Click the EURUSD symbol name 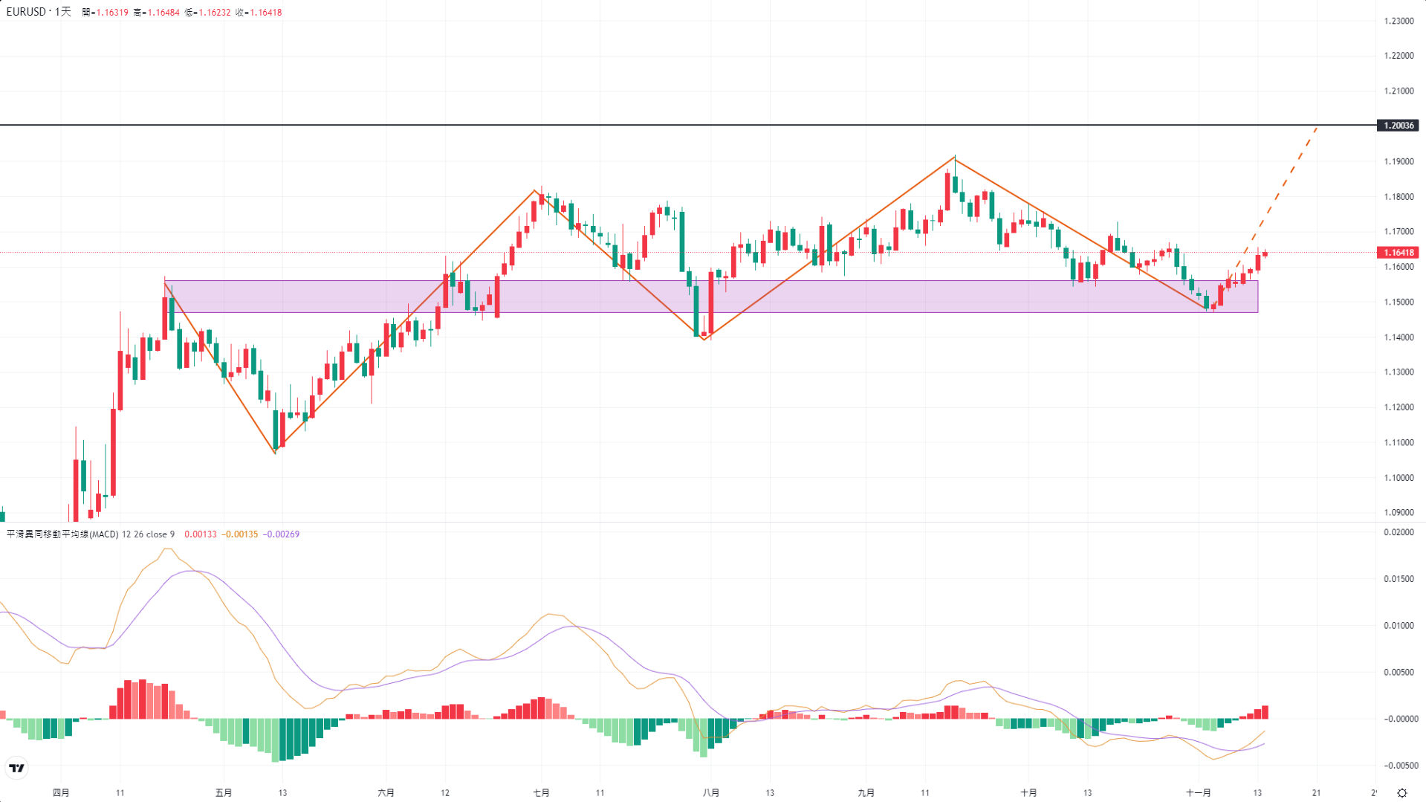click(x=26, y=12)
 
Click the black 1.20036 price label click(x=1398, y=126)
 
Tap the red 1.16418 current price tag click(x=1398, y=253)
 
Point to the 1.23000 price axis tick click(x=1399, y=21)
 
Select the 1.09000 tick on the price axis click(x=1399, y=512)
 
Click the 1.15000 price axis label click(x=1399, y=302)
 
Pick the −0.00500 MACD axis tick click(x=1399, y=766)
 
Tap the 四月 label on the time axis click(x=61, y=792)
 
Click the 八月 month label click(x=710, y=792)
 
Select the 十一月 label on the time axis click(x=1198, y=792)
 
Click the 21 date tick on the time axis click(x=1316, y=792)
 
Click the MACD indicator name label click(x=62, y=534)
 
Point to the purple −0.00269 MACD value click(x=281, y=534)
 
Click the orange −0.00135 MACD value click(x=241, y=534)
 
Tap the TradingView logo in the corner click(x=16, y=768)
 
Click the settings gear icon click(x=1402, y=792)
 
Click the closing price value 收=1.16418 click(x=259, y=13)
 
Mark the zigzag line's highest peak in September click(x=955, y=158)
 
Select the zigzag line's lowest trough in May click(x=275, y=452)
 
